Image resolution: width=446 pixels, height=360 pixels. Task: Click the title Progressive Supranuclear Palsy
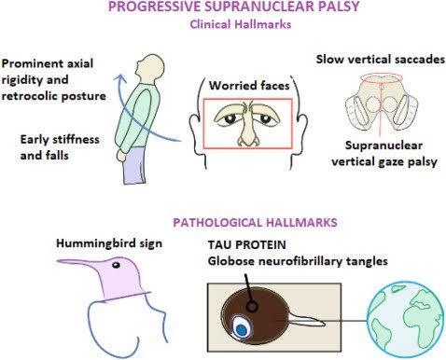(234, 7)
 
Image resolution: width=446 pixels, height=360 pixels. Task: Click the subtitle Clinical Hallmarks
(241, 24)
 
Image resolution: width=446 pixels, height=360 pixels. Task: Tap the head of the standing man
(150, 67)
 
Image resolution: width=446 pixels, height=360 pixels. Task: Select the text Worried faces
(249, 86)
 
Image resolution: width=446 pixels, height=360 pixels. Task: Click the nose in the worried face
(247, 131)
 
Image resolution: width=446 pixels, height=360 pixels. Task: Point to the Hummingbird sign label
(109, 243)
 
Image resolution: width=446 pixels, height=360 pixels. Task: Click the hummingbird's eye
(116, 265)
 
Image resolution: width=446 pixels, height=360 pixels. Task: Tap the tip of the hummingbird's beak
(58, 261)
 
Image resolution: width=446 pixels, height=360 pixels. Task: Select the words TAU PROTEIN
(247, 244)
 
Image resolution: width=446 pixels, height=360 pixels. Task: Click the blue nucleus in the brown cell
(241, 329)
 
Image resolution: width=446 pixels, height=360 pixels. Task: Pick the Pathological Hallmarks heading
(255, 223)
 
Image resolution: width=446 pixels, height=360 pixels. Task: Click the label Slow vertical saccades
(381, 60)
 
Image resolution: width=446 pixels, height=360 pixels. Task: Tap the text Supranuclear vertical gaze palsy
(384, 154)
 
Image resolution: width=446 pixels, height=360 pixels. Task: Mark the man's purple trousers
(134, 166)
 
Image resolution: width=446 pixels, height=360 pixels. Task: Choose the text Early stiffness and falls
(60, 147)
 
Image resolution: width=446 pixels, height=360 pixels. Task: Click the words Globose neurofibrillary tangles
(298, 261)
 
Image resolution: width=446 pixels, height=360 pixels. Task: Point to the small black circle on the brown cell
(252, 307)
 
